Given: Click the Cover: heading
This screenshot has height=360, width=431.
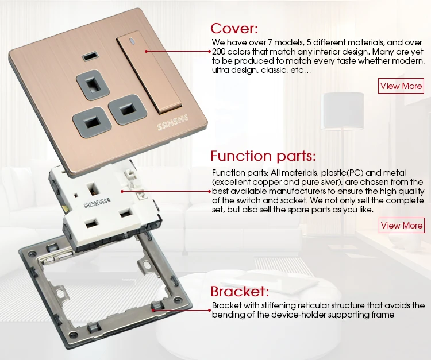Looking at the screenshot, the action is coord(234,28).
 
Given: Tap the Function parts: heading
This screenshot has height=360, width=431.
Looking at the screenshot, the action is coord(263,156).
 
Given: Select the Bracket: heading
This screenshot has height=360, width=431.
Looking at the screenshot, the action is coord(240,291).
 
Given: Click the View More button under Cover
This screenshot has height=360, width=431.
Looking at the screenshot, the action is coord(401,86).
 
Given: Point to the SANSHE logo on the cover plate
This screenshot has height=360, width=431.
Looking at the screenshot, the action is coord(173,122).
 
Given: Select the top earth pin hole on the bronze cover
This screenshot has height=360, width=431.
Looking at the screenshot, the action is coord(92,84).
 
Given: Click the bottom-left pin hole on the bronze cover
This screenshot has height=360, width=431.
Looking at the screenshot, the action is coord(92,121).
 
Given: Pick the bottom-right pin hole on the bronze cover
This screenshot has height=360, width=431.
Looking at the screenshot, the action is coord(127,109).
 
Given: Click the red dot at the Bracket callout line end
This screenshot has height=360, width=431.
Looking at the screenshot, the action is coord(209,310).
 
